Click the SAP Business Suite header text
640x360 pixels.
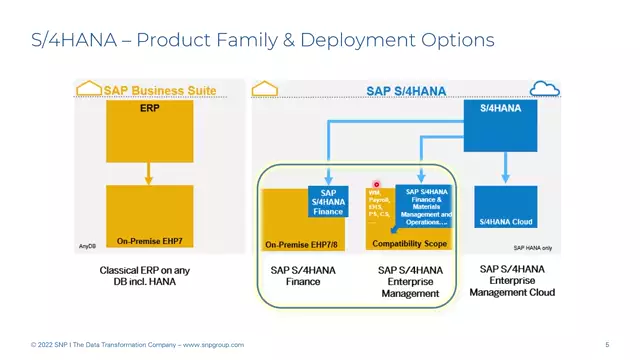[x=160, y=90]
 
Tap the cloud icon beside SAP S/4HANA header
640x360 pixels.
[x=545, y=90]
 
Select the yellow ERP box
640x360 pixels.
[x=150, y=131]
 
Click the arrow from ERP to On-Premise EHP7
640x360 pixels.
[x=149, y=176]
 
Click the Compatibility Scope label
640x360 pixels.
[x=409, y=243]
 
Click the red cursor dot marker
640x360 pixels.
[x=377, y=185]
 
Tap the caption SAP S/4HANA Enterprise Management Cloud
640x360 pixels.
[x=511, y=281]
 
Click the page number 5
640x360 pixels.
[x=607, y=345]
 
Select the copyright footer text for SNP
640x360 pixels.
[x=137, y=345]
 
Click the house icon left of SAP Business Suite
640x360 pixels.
[x=89, y=89]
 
